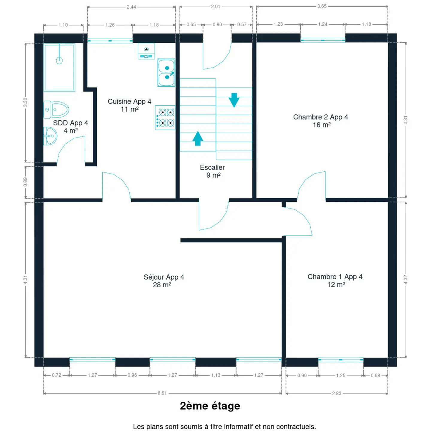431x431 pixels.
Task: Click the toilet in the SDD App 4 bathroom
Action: (x=56, y=110)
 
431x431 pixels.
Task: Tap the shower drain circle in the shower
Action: (x=59, y=60)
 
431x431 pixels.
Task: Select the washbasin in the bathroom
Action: (x=50, y=136)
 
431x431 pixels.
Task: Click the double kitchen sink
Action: (x=166, y=72)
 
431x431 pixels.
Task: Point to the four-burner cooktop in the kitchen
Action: (x=165, y=118)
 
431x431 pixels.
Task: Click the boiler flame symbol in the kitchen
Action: (x=146, y=49)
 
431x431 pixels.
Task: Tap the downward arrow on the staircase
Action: (x=234, y=100)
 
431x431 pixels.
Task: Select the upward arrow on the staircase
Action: (x=198, y=139)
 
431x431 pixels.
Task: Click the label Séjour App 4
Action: (x=164, y=277)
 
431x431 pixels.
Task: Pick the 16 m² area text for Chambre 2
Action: (x=322, y=125)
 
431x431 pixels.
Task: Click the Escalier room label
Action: (x=212, y=167)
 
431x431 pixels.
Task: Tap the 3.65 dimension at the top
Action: (x=322, y=6)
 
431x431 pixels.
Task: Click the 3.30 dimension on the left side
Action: (x=25, y=102)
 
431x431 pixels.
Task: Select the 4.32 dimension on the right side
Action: (x=406, y=280)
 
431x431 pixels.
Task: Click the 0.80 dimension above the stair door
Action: (x=217, y=25)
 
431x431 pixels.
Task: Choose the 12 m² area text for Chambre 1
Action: (x=336, y=285)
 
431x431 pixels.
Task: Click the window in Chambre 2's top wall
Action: (x=323, y=40)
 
